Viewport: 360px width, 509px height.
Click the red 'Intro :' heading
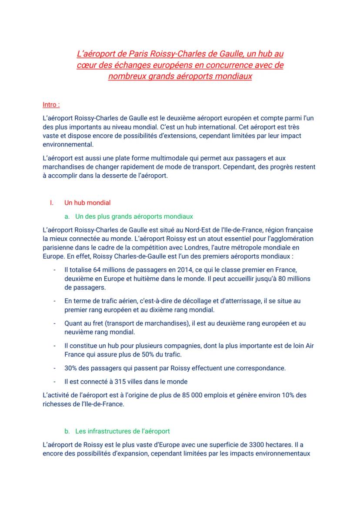click(51, 105)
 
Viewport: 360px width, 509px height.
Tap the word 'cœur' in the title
click(85, 65)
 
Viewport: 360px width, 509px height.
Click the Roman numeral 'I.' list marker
click(52, 203)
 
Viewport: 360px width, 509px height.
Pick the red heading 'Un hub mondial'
click(87, 203)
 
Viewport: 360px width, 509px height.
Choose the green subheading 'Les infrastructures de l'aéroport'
click(122, 431)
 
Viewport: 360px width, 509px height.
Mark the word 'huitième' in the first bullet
click(140, 279)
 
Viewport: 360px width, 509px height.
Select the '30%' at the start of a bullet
click(71, 368)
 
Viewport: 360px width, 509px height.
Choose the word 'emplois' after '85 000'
click(228, 395)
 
